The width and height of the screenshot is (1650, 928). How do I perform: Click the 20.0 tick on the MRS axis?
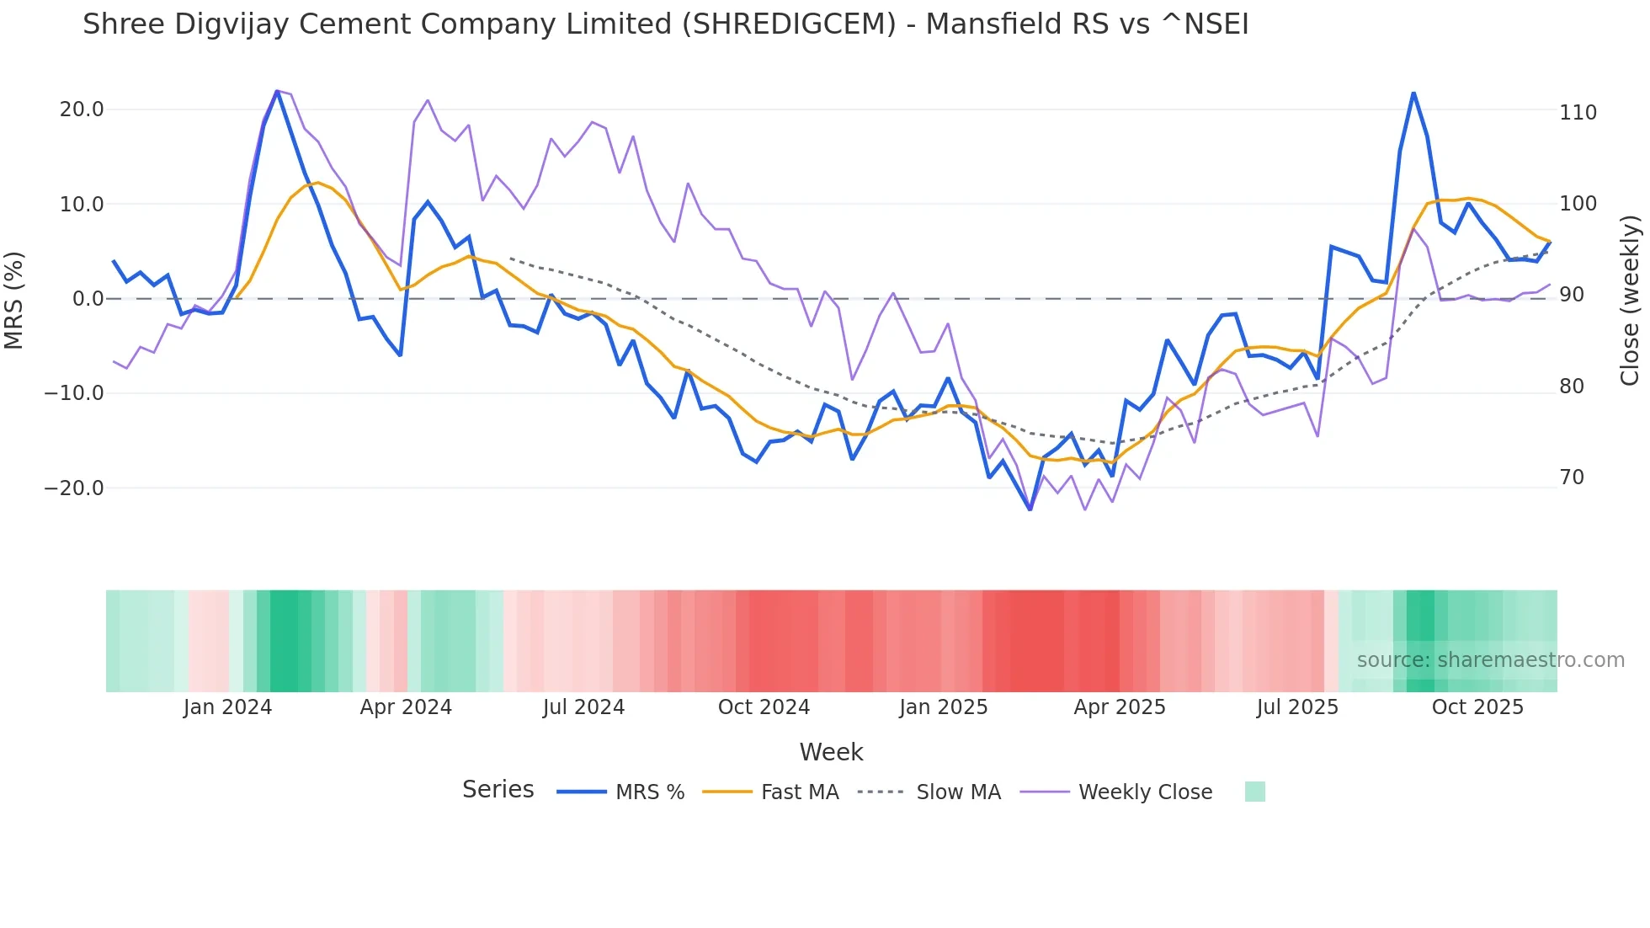(82, 109)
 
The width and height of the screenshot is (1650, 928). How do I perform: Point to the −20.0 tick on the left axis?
(74, 488)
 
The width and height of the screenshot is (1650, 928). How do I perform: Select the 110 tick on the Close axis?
(1578, 113)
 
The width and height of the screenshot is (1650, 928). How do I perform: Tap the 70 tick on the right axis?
(1572, 477)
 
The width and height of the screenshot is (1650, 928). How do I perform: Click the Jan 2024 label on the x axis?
(227, 707)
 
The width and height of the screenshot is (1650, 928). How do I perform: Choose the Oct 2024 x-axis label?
(764, 707)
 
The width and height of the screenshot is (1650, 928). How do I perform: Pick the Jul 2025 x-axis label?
(1297, 707)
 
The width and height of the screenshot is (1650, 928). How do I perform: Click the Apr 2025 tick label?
(1120, 707)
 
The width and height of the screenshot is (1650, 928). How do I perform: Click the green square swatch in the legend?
(1254, 792)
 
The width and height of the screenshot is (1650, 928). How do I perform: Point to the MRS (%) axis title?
(14, 300)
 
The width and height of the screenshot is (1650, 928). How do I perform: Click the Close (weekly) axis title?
(1630, 300)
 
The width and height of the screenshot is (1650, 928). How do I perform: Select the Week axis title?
(831, 752)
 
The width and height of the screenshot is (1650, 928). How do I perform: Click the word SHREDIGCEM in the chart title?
(788, 24)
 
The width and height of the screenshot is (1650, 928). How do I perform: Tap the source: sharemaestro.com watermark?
(1490, 660)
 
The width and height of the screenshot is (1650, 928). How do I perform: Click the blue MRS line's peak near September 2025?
(1413, 93)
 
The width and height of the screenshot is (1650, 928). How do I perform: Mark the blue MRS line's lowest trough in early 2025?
(1030, 509)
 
